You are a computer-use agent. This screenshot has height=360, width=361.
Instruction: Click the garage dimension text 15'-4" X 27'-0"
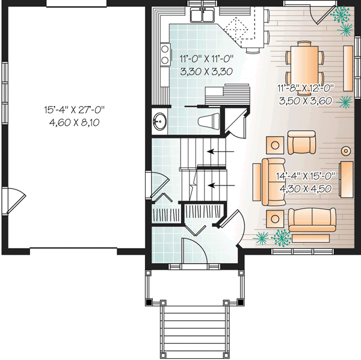(74, 110)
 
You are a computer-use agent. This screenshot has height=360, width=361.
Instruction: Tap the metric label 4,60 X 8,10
(74, 122)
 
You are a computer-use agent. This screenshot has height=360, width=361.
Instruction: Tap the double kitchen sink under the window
(204, 16)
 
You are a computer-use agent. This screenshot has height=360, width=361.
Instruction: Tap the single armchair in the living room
(301, 143)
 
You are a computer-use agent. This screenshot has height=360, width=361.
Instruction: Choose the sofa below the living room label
(312, 220)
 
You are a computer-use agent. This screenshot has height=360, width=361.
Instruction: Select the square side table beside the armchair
(276, 144)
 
